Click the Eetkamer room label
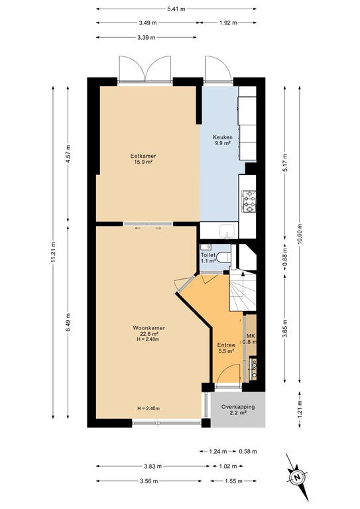click(141, 156)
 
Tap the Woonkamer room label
click(149, 328)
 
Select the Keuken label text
click(222, 137)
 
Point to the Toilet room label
click(208, 254)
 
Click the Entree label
click(226, 345)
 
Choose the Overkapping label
click(238, 407)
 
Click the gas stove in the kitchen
click(249, 201)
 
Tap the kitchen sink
click(227, 231)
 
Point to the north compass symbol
click(297, 477)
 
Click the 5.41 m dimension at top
click(176, 9)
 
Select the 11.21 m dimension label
click(53, 253)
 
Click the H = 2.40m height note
click(149, 408)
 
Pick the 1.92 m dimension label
click(228, 23)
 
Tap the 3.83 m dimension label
click(152, 467)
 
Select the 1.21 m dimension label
click(300, 410)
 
